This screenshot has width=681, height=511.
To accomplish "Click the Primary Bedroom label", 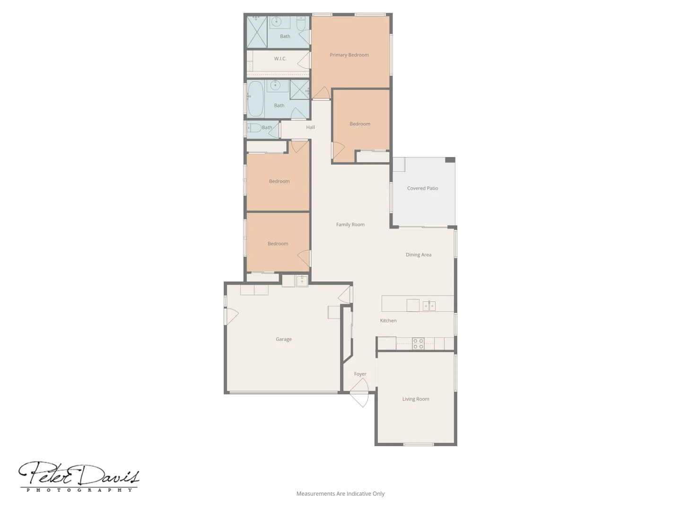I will (349, 55).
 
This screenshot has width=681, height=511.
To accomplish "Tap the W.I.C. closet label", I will (280, 59).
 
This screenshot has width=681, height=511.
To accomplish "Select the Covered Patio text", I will (422, 188).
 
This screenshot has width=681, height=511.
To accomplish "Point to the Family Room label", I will (350, 225).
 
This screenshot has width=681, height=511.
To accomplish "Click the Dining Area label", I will (418, 255).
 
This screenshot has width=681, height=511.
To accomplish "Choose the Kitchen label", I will (388, 321).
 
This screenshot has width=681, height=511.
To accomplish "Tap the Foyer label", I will (360, 374).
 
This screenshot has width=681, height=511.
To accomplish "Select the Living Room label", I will (416, 399).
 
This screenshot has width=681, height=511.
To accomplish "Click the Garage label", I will (283, 339).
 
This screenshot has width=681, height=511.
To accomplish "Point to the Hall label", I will (310, 127).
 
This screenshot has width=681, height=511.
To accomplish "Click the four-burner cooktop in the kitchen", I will (418, 344).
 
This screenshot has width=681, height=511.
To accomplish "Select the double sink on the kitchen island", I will (429, 306).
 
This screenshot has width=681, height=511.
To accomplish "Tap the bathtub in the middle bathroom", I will (255, 98).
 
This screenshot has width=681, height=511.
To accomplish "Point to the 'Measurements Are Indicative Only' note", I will (340, 493).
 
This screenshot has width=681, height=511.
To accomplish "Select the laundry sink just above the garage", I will (302, 281).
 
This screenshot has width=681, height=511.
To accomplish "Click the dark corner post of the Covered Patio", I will (450, 160).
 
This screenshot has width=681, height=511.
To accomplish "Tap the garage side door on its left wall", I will (231, 316).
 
